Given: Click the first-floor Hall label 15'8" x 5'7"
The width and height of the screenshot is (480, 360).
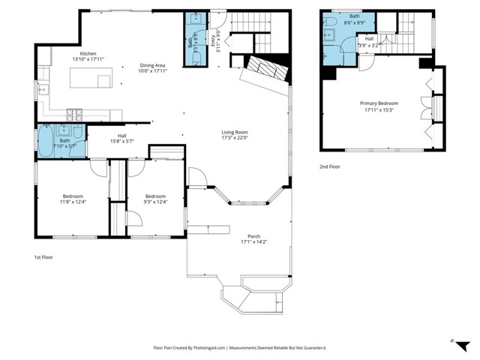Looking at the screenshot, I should coord(122,138).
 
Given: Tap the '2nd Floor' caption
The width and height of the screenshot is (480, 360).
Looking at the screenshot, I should coord(330,167).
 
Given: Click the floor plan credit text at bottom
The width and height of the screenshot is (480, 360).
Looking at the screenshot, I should coord(238,348).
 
